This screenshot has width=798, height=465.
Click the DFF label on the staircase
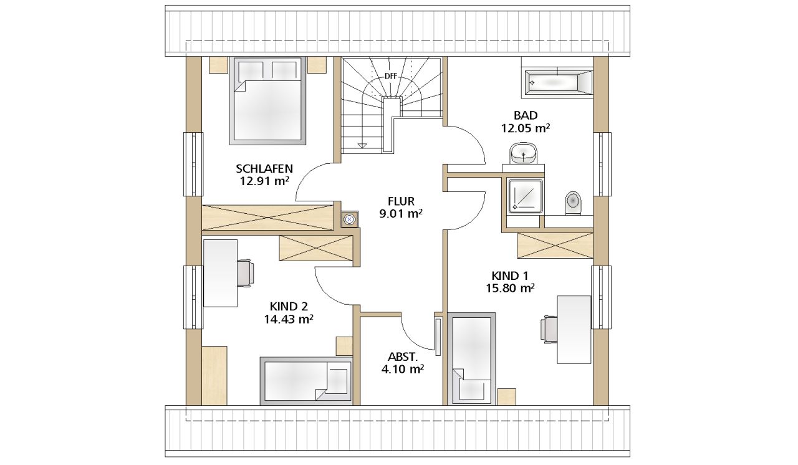pos(390,76)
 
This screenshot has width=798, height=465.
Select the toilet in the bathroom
pos(573,203)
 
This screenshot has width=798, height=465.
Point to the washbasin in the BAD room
pos(523,153)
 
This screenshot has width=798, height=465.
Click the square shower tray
pos(526,196)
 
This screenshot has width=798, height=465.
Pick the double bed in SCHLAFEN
pos(267,101)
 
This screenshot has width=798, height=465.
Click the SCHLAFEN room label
pos(264,168)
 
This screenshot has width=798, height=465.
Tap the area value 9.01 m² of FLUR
pos(401,214)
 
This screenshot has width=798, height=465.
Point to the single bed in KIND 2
pos(306,381)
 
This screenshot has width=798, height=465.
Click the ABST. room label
pos(402,357)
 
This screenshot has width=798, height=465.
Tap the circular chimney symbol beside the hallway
pos(350,219)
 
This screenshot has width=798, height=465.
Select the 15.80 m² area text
pos(510,288)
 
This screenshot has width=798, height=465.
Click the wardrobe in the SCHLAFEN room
pos(267,218)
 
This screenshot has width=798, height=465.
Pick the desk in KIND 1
pos(574,330)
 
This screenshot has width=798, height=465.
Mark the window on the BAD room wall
pos(602,164)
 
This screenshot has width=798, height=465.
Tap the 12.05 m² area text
pos(526,128)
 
